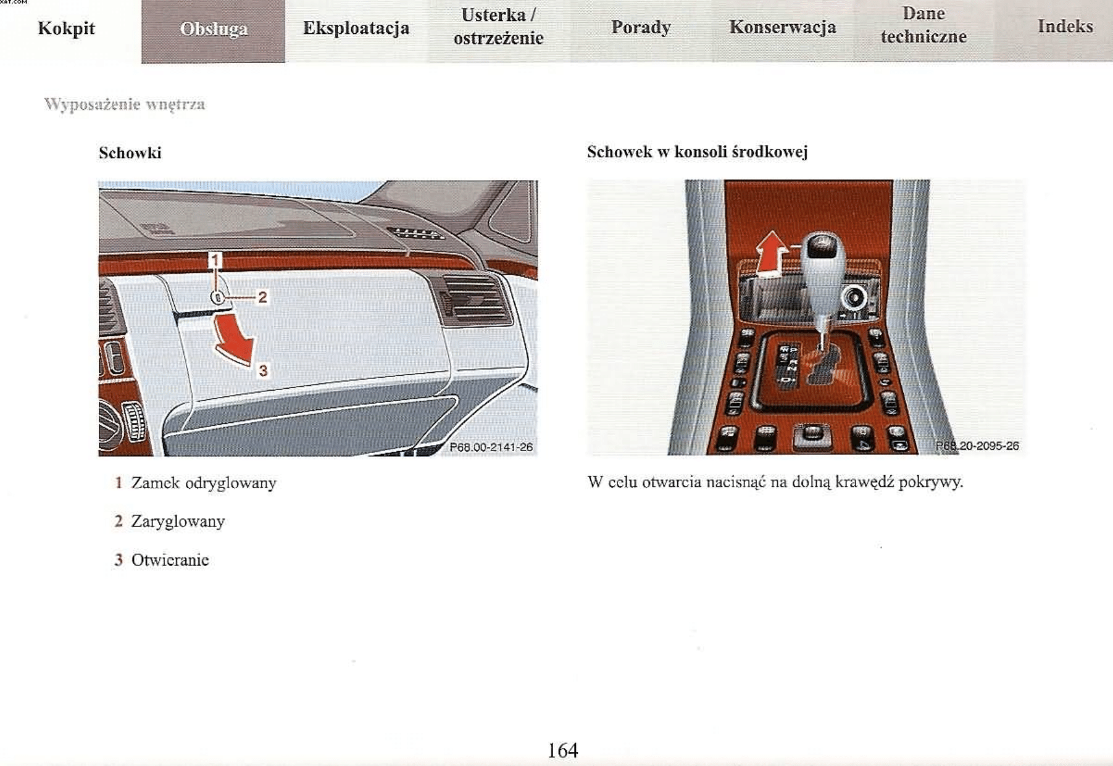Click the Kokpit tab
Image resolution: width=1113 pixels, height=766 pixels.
[x=66, y=28]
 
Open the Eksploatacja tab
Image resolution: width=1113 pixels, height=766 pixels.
[x=356, y=28]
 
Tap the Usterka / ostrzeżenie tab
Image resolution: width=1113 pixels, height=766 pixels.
[x=498, y=27]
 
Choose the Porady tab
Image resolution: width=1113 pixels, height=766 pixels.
[x=641, y=28]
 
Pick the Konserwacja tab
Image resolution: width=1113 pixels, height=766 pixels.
[x=783, y=28]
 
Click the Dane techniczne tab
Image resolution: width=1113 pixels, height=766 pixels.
[x=923, y=26]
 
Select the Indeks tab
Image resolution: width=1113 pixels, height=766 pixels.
[x=1065, y=27]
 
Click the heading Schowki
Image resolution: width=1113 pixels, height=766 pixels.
[x=130, y=153]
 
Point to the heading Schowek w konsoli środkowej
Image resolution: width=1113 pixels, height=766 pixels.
[x=697, y=152]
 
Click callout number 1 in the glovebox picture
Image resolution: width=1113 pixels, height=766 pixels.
[x=214, y=260]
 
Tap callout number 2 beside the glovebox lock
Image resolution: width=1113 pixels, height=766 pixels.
[x=263, y=298]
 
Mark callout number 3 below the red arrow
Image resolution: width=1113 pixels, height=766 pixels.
[x=264, y=370]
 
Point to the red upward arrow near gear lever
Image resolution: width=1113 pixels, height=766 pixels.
[x=771, y=253]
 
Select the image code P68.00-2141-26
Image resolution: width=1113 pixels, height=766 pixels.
[x=491, y=447]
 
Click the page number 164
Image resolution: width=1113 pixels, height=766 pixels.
[x=562, y=750]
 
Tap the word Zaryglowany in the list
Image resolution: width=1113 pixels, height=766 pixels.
[x=178, y=522]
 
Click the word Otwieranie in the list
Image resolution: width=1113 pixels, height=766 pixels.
[x=170, y=560]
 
